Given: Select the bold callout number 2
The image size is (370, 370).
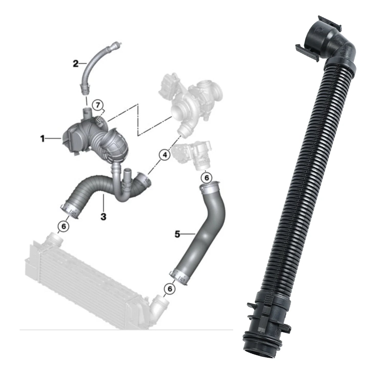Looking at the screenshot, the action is pos(76,64).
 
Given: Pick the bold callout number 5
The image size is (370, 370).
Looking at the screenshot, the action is pos(177,234).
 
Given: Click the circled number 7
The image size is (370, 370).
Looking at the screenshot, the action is pos(98,105).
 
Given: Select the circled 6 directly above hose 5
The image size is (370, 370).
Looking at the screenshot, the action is pos(206,178).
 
